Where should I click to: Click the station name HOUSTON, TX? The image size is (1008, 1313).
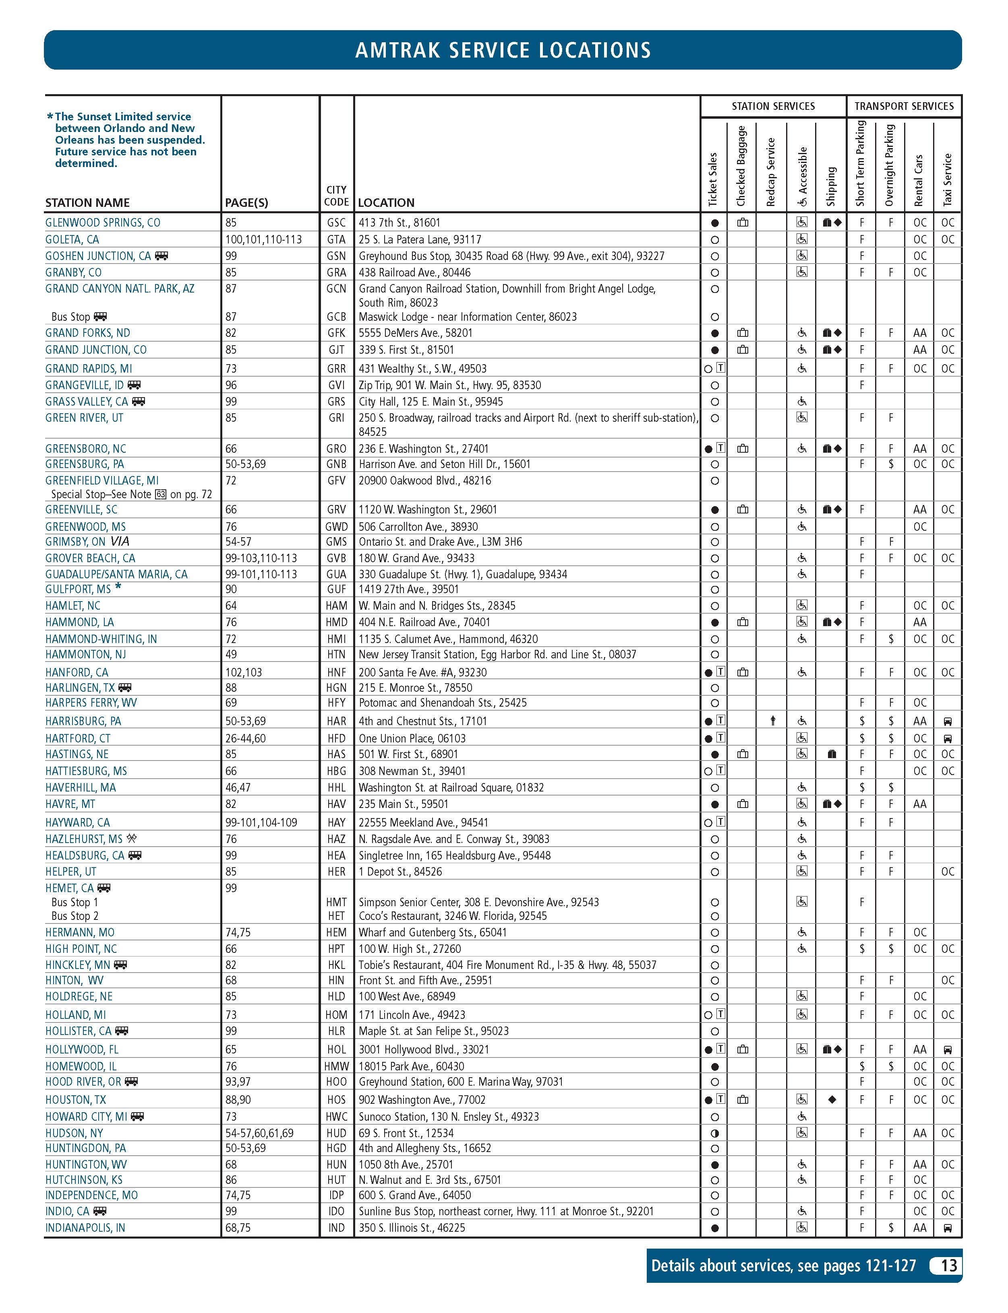coord(76,1100)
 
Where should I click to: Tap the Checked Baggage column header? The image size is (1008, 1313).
coord(741,165)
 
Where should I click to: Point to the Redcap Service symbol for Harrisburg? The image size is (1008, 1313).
coord(773,721)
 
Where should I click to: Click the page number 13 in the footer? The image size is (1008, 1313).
coord(948,1266)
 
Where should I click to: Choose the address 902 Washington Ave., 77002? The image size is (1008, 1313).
coord(422,1100)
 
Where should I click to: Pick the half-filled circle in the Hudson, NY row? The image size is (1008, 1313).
coord(714,1133)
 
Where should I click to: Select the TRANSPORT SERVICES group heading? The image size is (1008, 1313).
coord(904,106)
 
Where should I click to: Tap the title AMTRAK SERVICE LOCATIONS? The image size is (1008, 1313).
coord(503,50)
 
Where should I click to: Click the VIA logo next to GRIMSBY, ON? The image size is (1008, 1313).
coord(120,541)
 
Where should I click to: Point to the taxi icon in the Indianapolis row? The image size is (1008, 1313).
coord(948,1227)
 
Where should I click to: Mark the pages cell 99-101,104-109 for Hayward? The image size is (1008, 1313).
coord(261,822)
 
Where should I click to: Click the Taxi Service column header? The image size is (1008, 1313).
coord(948,179)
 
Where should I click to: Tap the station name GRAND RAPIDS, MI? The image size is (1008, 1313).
coord(89,369)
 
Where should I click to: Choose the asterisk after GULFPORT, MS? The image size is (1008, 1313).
coord(118,587)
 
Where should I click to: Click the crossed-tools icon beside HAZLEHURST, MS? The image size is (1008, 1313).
coord(131,838)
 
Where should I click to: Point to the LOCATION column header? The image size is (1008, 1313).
coord(386,203)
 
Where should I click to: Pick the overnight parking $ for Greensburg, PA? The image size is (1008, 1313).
coord(891,464)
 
